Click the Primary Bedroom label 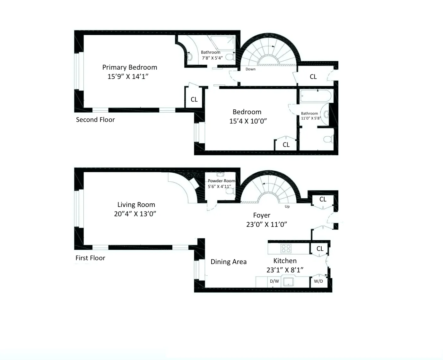[130, 67]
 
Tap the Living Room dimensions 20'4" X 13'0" [135, 214]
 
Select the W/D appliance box [318, 281]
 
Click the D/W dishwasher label [274, 281]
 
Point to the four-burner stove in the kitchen [286, 248]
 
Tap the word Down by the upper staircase [250, 69]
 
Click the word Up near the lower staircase [287, 207]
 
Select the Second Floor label [95, 120]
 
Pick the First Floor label [90, 258]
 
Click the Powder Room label [221, 181]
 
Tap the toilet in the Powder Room [229, 191]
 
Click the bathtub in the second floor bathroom [316, 96]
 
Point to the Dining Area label [229, 262]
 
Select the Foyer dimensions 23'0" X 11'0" [266, 225]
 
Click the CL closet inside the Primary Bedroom [194, 99]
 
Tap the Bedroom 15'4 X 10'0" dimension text [248, 121]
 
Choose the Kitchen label [285, 261]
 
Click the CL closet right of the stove [320, 249]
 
